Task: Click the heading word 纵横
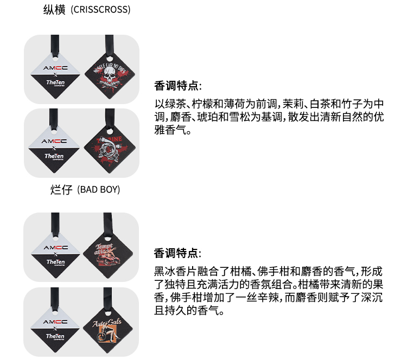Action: [x=54, y=9]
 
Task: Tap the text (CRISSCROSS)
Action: [x=100, y=10]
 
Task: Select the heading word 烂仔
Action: [x=61, y=189]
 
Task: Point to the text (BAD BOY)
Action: [x=98, y=190]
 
